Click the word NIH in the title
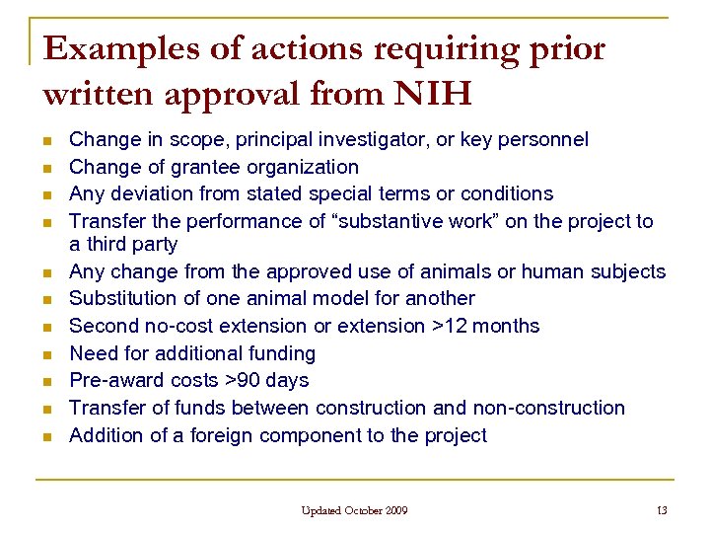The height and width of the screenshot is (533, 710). coord(433,94)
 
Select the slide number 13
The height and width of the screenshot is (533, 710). coord(661,510)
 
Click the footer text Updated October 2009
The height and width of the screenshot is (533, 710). coord(355,510)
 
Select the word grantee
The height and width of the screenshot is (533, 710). coord(204,167)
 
